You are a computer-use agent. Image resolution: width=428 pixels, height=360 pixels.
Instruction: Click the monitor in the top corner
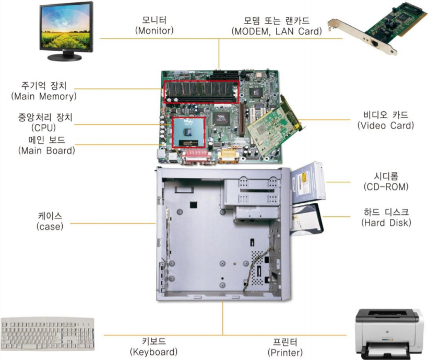click(x=66, y=31)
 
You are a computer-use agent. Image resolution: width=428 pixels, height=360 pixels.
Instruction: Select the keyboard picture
click(x=47, y=333)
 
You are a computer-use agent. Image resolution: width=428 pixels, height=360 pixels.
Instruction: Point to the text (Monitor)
click(x=154, y=31)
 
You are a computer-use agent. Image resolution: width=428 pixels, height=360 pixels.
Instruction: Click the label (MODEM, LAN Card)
click(x=277, y=31)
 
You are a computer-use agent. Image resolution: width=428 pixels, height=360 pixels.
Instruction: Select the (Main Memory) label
click(x=44, y=97)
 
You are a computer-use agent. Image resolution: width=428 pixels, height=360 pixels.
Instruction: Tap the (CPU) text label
click(x=44, y=127)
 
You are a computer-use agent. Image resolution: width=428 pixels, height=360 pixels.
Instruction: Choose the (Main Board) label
click(x=46, y=150)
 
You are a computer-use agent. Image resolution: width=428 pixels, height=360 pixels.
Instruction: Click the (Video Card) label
click(x=386, y=125)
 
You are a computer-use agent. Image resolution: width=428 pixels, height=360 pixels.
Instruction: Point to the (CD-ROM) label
click(x=386, y=187)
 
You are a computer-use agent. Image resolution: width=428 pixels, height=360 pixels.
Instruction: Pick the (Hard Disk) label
click(x=386, y=223)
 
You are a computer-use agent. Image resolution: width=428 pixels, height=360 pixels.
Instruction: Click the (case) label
click(x=50, y=226)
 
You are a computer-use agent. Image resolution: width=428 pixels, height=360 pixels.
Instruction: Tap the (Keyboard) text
click(x=153, y=352)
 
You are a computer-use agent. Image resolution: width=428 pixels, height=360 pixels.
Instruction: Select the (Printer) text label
click(x=285, y=353)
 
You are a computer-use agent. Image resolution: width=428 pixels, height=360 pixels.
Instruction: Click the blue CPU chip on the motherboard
click(x=188, y=132)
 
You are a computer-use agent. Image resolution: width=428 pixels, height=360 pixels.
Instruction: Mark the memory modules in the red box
click(x=201, y=92)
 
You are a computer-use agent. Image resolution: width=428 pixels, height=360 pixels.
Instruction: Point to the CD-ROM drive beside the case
click(x=308, y=182)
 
